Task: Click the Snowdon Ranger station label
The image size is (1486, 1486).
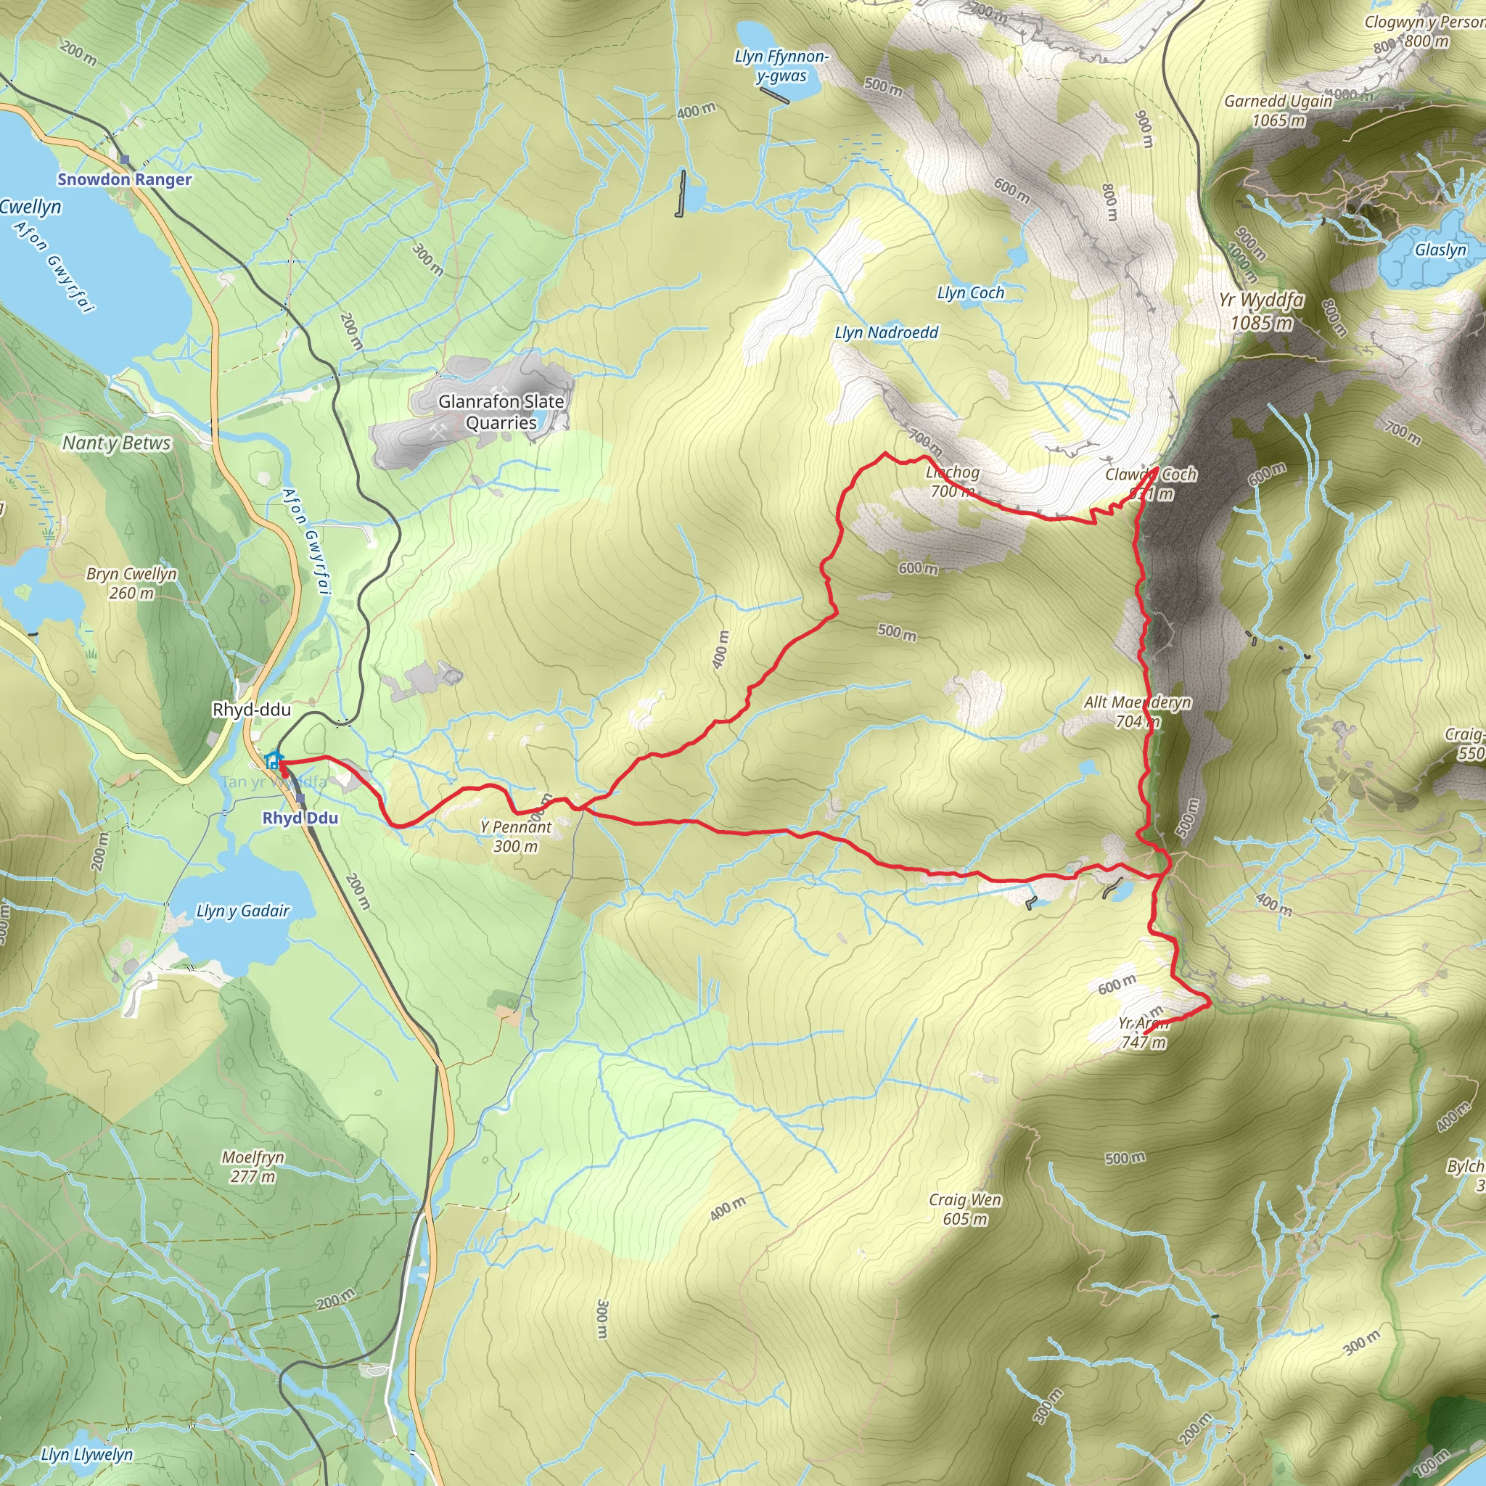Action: click(x=125, y=179)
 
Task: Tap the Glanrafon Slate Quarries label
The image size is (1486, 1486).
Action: click(x=501, y=411)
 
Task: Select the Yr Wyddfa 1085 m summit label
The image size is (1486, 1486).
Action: click(x=1261, y=311)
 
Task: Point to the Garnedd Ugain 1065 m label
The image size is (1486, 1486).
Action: click(x=1278, y=111)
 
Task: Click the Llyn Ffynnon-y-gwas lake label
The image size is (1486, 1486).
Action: click(x=781, y=66)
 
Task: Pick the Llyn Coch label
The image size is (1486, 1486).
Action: click(x=970, y=293)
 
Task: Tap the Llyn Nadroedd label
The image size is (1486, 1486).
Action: click(x=886, y=332)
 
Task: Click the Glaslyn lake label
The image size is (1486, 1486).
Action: click(x=1440, y=250)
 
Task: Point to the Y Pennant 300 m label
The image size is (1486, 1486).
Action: click(x=515, y=836)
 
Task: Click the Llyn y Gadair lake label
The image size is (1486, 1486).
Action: click(x=242, y=911)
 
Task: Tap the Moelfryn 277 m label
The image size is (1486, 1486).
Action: click(x=253, y=1166)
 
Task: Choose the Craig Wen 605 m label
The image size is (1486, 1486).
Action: click(x=964, y=1208)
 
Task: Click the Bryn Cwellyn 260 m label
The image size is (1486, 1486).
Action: click(x=131, y=583)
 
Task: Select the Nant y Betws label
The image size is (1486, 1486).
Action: click(x=116, y=443)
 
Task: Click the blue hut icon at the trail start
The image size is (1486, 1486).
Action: click(x=271, y=760)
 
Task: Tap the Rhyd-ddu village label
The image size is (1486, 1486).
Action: click(x=252, y=709)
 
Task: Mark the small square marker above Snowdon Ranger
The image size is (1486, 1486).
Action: click(x=125, y=160)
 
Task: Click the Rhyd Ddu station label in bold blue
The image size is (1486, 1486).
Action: click(x=300, y=818)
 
